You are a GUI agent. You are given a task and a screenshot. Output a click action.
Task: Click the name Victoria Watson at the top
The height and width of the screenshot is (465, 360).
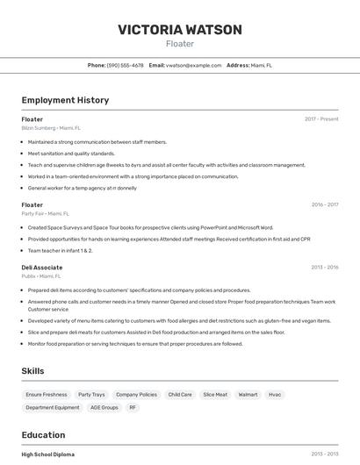click(180, 30)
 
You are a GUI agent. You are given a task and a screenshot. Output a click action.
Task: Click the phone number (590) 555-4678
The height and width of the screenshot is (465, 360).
click(125, 65)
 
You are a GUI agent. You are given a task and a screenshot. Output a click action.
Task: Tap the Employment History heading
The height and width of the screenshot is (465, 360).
click(65, 100)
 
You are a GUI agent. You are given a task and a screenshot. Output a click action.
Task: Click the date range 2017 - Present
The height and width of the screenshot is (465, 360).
click(321, 119)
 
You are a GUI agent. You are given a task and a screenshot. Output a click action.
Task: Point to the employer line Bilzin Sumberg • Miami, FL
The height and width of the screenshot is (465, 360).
click(51, 127)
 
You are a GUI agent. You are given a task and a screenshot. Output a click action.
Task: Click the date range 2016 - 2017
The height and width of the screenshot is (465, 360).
click(325, 204)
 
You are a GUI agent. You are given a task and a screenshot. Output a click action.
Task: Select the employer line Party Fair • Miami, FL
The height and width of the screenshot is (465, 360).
click(46, 213)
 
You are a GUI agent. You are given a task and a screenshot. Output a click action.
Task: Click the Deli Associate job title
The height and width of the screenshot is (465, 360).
click(42, 268)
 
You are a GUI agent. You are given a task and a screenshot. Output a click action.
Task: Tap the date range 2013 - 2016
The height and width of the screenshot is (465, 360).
click(325, 268)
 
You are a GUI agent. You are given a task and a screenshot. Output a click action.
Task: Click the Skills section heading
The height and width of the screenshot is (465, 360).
click(32, 371)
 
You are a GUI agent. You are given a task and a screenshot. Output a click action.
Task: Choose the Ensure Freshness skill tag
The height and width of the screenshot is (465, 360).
click(47, 395)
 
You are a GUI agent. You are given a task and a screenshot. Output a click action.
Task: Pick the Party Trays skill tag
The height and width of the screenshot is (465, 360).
click(91, 395)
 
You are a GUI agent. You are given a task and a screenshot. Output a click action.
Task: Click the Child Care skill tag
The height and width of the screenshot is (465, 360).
click(180, 395)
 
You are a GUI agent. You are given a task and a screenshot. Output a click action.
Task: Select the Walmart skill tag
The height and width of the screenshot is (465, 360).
click(248, 395)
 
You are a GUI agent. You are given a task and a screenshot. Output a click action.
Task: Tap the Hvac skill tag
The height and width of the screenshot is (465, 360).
click(275, 395)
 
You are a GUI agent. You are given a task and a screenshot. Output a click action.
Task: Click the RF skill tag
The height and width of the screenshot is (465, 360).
click(133, 408)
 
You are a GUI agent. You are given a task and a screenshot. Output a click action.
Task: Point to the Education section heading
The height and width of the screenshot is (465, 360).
click(44, 434)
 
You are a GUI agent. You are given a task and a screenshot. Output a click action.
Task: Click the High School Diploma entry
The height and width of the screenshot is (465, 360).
click(48, 454)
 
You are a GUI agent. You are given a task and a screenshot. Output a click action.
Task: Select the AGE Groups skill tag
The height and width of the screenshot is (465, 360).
click(104, 408)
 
